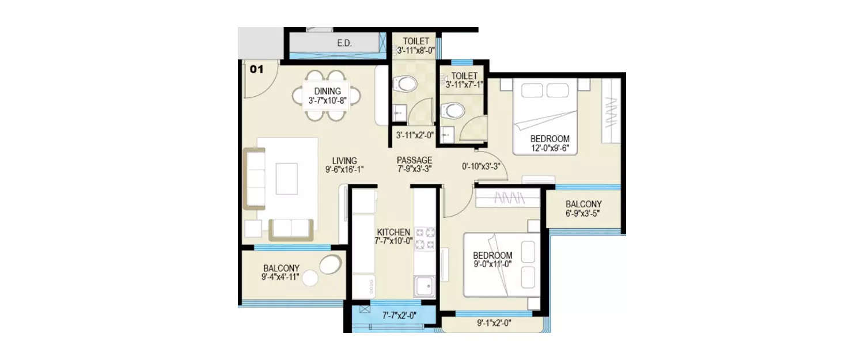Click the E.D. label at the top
tap(344, 43)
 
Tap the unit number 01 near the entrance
tap(256, 70)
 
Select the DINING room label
tap(327, 91)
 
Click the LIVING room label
tap(344, 161)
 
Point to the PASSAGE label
tap(414, 160)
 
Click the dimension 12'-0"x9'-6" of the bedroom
tap(550, 148)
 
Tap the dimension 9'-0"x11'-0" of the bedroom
tap(492, 264)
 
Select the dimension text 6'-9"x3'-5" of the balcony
tap(583, 214)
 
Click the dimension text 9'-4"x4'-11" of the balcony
tap(281, 278)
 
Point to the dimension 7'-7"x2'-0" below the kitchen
tap(400, 315)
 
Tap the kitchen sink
tap(425, 286)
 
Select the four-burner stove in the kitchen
tap(425, 239)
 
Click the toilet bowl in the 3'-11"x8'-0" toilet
tap(407, 84)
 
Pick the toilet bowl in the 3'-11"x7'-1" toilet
tap(452, 111)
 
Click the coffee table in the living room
tap(286, 179)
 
